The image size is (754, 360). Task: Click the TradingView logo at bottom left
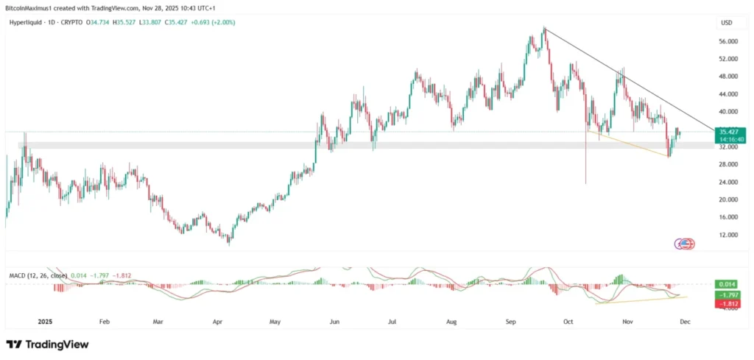(47, 345)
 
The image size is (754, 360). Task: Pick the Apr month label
(217, 322)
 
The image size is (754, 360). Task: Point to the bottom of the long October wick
(586, 183)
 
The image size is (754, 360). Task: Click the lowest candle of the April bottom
(229, 241)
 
